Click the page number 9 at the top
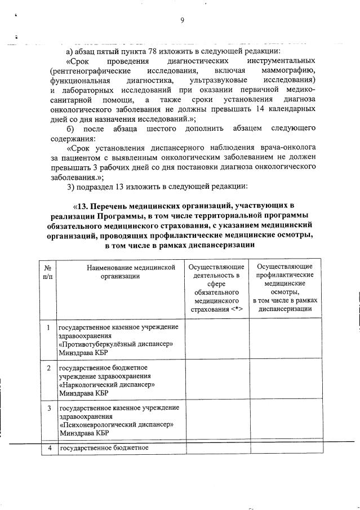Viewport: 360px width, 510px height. click(182, 21)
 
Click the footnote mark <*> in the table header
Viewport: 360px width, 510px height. click(233, 309)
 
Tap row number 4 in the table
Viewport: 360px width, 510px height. click(50, 448)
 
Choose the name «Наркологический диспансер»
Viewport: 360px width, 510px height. click(107, 385)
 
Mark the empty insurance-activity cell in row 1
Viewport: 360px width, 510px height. click(217, 340)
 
